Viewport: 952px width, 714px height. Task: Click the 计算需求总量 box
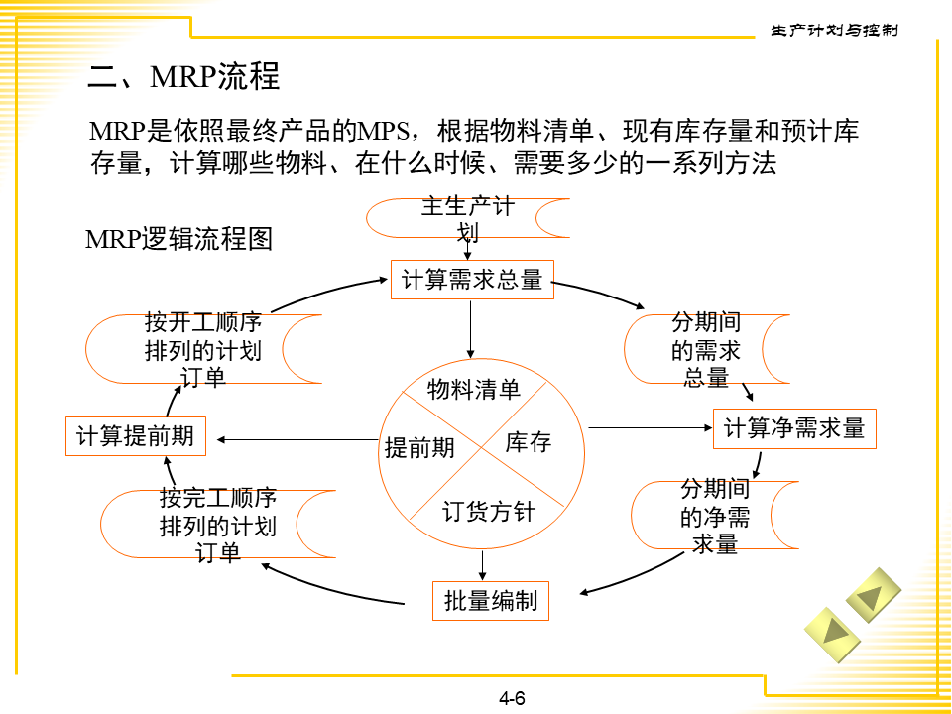[x=472, y=280]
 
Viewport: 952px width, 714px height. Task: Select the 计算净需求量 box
[x=794, y=428]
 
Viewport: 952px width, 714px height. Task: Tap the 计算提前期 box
[x=135, y=436]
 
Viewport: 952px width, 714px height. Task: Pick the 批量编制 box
[x=491, y=601]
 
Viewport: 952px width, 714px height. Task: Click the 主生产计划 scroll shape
[x=468, y=218]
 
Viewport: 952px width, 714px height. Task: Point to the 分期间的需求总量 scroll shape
[x=706, y=350]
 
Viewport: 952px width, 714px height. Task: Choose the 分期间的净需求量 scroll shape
[x=714, y=516]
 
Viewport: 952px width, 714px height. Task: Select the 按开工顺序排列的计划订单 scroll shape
[x=203, y=349]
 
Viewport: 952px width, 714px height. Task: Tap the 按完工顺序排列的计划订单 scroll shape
[x=218, y=524]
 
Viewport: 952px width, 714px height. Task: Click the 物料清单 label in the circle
[x=474, y=390]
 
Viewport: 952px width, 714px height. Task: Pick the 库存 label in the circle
[x=528, y=442]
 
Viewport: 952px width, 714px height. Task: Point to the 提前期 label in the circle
[x=419, y=448]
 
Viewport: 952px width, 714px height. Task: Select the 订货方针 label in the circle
[x=488, y=512]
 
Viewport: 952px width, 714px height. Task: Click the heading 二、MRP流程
[x=184, y=76]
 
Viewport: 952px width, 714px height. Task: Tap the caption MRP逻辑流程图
[x=178, y=239]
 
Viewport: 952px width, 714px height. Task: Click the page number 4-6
[x=512, y=698]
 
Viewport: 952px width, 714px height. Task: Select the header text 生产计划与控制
[x=835, y=31]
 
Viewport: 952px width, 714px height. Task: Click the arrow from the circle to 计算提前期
[x=297, y=439]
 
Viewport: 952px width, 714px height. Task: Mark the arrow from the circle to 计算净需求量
[x=651, y=427]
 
